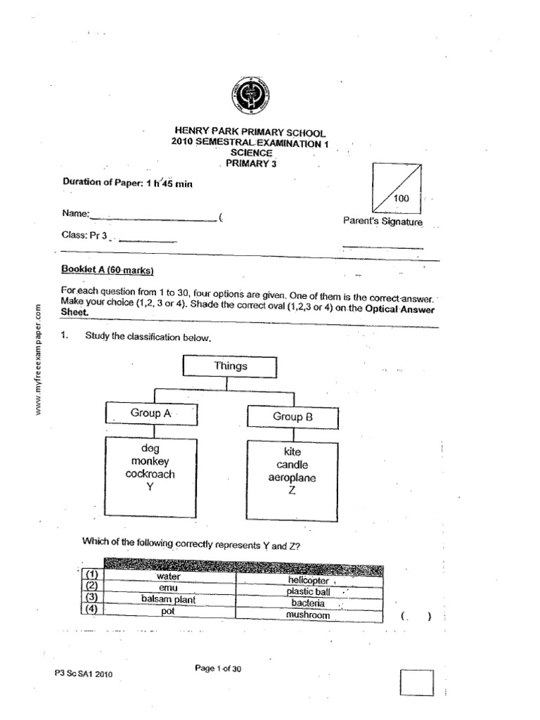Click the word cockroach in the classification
point(150,475)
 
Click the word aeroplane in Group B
point(292,478)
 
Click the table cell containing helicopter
point(309,580)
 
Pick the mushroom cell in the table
point(308,615)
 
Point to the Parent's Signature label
point(382,221)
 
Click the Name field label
point(76,212)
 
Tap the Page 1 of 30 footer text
point(218,669)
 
